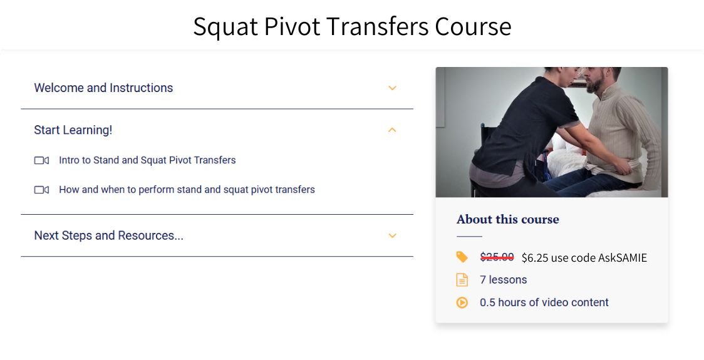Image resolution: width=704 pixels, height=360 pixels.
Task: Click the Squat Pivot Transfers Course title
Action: coord(352,26)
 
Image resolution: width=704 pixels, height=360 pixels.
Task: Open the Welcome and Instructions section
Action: coord(103,88)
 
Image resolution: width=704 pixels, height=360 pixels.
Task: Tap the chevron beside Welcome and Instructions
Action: coord(393,88)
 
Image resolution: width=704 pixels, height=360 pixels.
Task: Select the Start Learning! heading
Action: coord(73,130)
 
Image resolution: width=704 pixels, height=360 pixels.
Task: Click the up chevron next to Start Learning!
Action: coord(393,130)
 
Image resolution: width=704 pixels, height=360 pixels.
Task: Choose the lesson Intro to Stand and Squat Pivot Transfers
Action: coord(147,160)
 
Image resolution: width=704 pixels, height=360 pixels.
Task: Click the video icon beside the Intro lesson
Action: coord(41,161)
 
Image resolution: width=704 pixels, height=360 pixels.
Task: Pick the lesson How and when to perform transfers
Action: coord(187,190)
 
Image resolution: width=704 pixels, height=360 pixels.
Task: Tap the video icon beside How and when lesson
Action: coord(41,190)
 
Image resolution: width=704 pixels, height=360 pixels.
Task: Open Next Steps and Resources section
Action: coord(108,235)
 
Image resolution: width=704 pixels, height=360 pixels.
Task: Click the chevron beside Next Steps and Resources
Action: coord(393,236)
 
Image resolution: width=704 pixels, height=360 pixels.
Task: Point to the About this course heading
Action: coord(508,219)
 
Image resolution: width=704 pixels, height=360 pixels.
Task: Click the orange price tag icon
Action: coord(462,257)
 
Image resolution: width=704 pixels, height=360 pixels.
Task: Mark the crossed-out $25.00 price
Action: coord(497,257)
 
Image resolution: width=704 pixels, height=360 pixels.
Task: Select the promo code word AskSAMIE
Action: coord(622,257)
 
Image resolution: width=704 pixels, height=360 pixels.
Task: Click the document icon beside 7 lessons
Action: coord(462,280)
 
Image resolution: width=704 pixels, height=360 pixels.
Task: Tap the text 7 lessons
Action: coord(504,280)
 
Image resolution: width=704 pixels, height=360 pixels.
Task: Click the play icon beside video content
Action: coord(462,302)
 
